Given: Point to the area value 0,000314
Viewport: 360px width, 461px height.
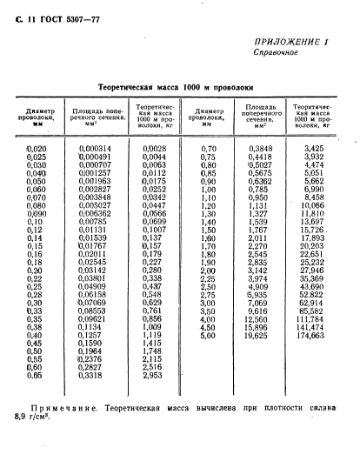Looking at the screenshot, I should [x=95, y=149].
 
